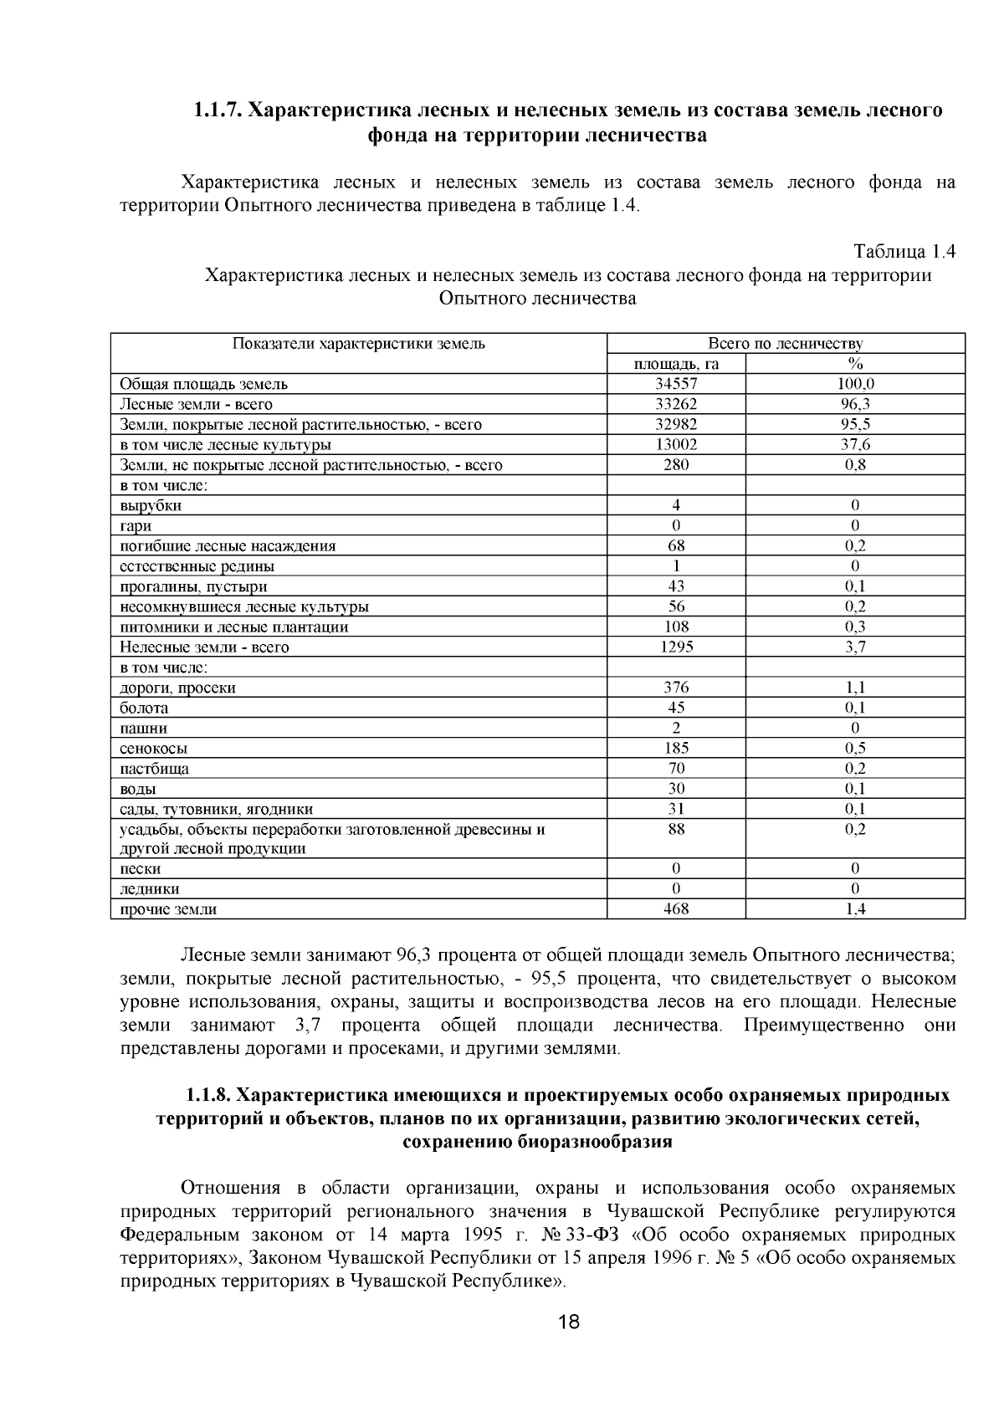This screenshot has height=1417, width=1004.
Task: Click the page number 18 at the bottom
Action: click(568, 1322)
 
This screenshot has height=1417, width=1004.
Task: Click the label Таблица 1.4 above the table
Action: click(904, 252)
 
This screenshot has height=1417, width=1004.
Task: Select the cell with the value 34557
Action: click(676, 384)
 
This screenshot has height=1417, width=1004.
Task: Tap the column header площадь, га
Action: click(676, 364)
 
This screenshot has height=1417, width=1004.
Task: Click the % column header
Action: click(855, 364)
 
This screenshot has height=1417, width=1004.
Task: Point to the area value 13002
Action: click(676, 445)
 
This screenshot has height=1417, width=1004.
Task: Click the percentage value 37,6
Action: click(855, 445)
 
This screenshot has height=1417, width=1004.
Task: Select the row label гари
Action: click(136, 526)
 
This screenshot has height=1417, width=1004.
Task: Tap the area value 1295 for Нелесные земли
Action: click(676, 647)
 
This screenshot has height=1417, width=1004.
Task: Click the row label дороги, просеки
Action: click(177, 688)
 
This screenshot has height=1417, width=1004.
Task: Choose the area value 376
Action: click(676, 688)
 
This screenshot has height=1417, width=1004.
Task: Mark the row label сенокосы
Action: click(153, 749)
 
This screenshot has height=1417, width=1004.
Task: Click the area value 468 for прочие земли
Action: click(676, 909)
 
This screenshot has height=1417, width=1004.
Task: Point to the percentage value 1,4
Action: click(855, 909)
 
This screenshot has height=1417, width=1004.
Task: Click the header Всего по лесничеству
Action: click(785, 343)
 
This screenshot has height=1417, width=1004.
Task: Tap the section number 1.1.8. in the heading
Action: click(208, 1096)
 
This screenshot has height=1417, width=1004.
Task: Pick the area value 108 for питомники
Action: click(676, 627)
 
